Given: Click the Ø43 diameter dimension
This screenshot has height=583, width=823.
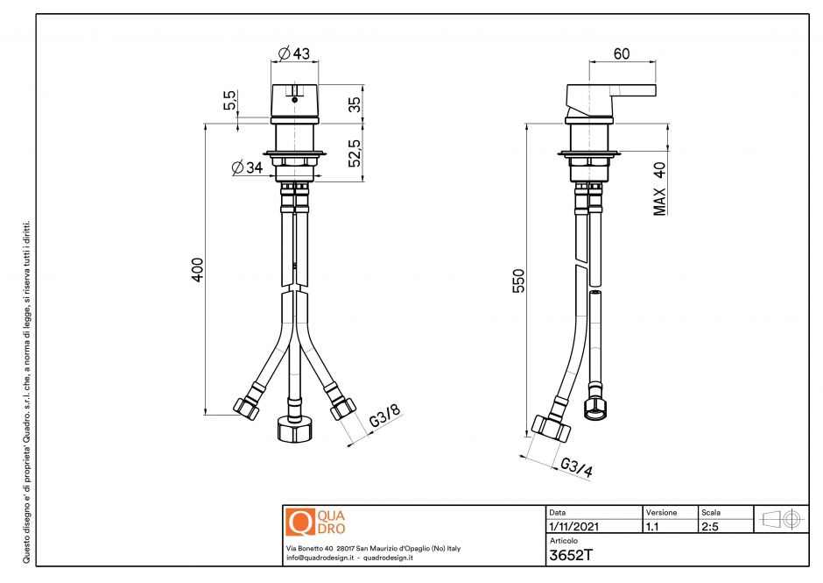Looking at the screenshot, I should coord(295,54).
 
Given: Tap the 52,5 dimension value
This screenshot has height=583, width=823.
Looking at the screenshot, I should coord(354,151).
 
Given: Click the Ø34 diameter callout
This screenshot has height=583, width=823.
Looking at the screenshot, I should coord(247,167).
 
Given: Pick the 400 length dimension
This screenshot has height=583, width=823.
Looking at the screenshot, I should coord(198,269).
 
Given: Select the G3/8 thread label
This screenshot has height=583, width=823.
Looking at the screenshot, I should coord(383,417).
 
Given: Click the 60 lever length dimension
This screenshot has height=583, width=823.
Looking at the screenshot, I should coord(622,54).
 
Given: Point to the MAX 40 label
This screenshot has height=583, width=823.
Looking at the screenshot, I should coord(660,188).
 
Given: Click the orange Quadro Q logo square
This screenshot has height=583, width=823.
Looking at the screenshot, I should coord(299,522).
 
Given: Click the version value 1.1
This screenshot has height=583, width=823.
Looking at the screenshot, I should coord(652,527).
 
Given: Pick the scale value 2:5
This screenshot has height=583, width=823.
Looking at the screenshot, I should coord(711,527).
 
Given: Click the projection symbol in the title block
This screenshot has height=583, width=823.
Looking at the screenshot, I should coord(781,519).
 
